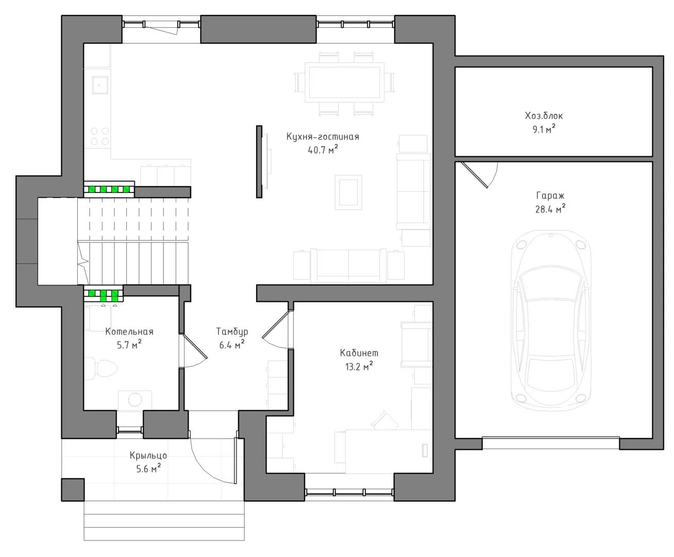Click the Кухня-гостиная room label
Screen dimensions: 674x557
(x=323, y=137)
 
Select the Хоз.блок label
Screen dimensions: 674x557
(x=544, y=116)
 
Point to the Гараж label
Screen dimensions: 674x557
(x=550, y=195)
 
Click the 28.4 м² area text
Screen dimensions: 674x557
(x=550, y=209)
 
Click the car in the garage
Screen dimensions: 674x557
(x=551, y=320)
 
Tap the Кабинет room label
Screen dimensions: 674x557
(x=359, y=353)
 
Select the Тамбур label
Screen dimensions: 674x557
(x=232, y=332)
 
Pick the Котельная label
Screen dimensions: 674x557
(x=129, y=332)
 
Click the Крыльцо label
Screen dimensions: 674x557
(x=148, y=455)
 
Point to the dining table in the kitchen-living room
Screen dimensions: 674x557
(x=344, y=83)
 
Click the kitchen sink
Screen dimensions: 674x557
(x=100, y=85)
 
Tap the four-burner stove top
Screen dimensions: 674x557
(x=99, y=136)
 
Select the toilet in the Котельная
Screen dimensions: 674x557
(x=101, y=368)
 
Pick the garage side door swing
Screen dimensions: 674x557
(x=480, y=175)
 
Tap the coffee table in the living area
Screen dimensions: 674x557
(x=348, y=192)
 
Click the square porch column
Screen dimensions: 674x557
(x=73, y=490)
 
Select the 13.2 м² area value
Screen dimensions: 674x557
(x=359, y=366)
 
